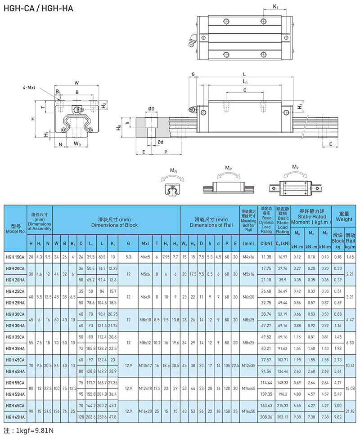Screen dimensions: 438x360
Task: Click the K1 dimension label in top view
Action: click(276, 7)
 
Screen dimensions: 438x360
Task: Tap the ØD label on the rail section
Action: click(151, 109)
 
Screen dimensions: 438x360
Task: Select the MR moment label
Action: click(173, 171)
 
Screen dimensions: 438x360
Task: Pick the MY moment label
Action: click(295, 167)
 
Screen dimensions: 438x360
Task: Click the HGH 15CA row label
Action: click(15, 256)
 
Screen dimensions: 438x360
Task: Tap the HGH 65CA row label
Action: click(15, 405)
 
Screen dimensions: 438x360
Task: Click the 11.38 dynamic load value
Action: click(266, 256)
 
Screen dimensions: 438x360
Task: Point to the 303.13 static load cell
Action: click(283, 416)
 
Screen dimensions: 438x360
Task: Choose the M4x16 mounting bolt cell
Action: click(248, 256)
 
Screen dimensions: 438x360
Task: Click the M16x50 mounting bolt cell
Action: click(248, 411)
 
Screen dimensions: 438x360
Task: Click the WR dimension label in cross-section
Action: click(77, 144)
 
